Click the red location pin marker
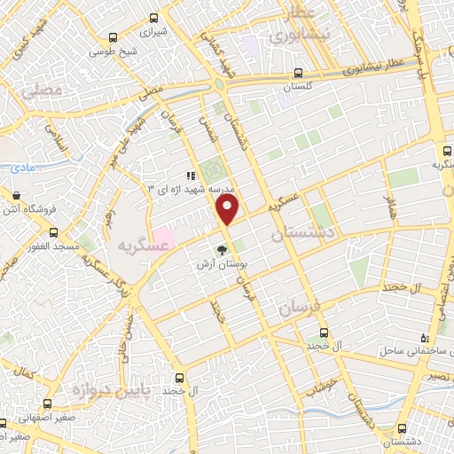click(x=229, y=209)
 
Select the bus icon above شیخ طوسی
click(x=112, y=37)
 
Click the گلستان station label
click(x=298, y=87)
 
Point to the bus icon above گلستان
click(x=298, y=74)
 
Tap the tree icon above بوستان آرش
click(x=223, y=249)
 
